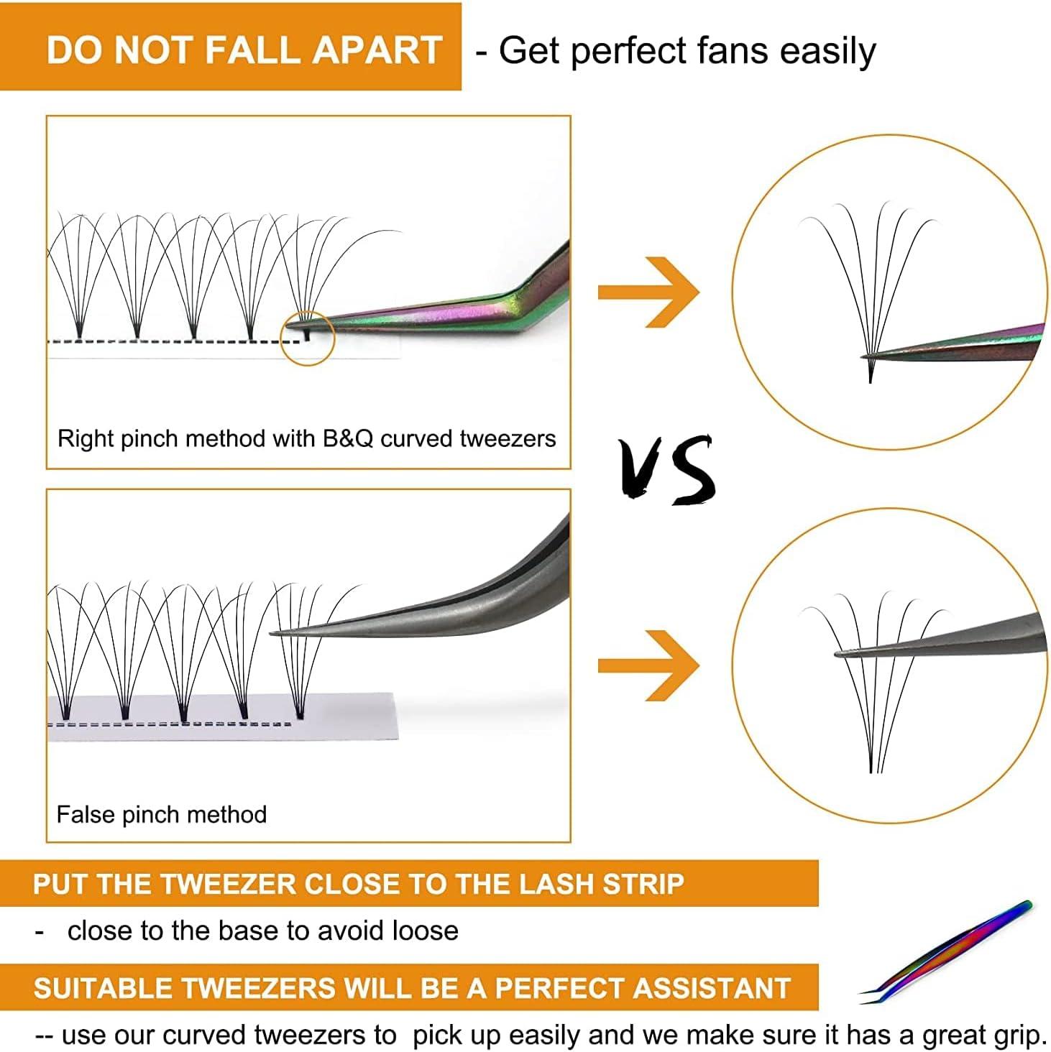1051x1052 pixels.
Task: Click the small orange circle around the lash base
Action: [x=308, y=338]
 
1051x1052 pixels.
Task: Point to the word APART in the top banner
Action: [x=377, y=50]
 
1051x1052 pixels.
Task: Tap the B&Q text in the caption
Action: [x=348, y=438]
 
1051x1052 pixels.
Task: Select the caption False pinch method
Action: [x=162, y=814]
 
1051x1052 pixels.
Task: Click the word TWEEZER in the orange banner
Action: [x=229, y=884]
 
